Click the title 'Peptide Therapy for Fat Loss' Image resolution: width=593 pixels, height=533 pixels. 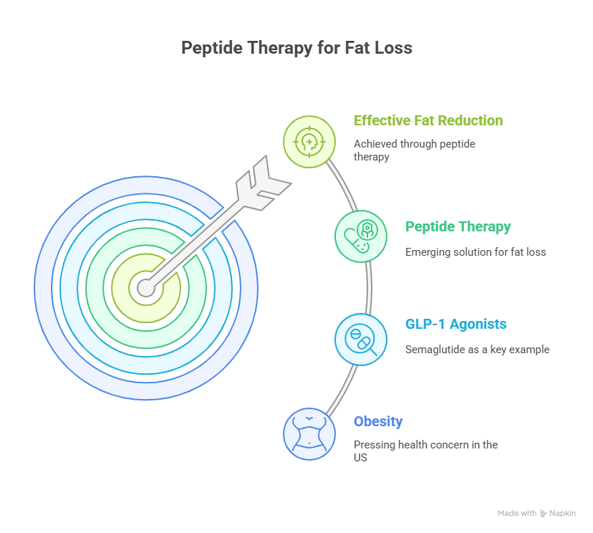296,48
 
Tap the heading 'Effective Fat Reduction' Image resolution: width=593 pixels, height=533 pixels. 428,120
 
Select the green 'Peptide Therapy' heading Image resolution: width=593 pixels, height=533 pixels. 458,227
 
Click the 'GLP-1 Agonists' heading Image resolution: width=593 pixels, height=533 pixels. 455,325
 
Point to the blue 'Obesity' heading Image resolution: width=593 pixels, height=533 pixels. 378,422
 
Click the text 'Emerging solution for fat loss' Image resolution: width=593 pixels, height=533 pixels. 476,252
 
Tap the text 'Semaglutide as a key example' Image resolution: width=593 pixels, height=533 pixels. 477,350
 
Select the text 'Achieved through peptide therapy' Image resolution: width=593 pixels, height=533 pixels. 415,150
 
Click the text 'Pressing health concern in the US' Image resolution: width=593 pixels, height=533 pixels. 425,451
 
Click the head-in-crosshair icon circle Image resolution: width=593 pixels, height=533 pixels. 309,142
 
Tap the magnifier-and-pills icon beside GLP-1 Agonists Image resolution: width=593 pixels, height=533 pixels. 361,340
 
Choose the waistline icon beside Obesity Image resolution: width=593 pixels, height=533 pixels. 309,434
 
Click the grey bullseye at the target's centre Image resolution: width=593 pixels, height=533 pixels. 146,288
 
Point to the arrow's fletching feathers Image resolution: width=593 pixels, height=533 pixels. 264,183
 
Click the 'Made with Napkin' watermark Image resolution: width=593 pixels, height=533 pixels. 536,514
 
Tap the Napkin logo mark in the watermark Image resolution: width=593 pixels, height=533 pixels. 543,514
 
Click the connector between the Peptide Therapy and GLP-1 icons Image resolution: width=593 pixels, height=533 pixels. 369,288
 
